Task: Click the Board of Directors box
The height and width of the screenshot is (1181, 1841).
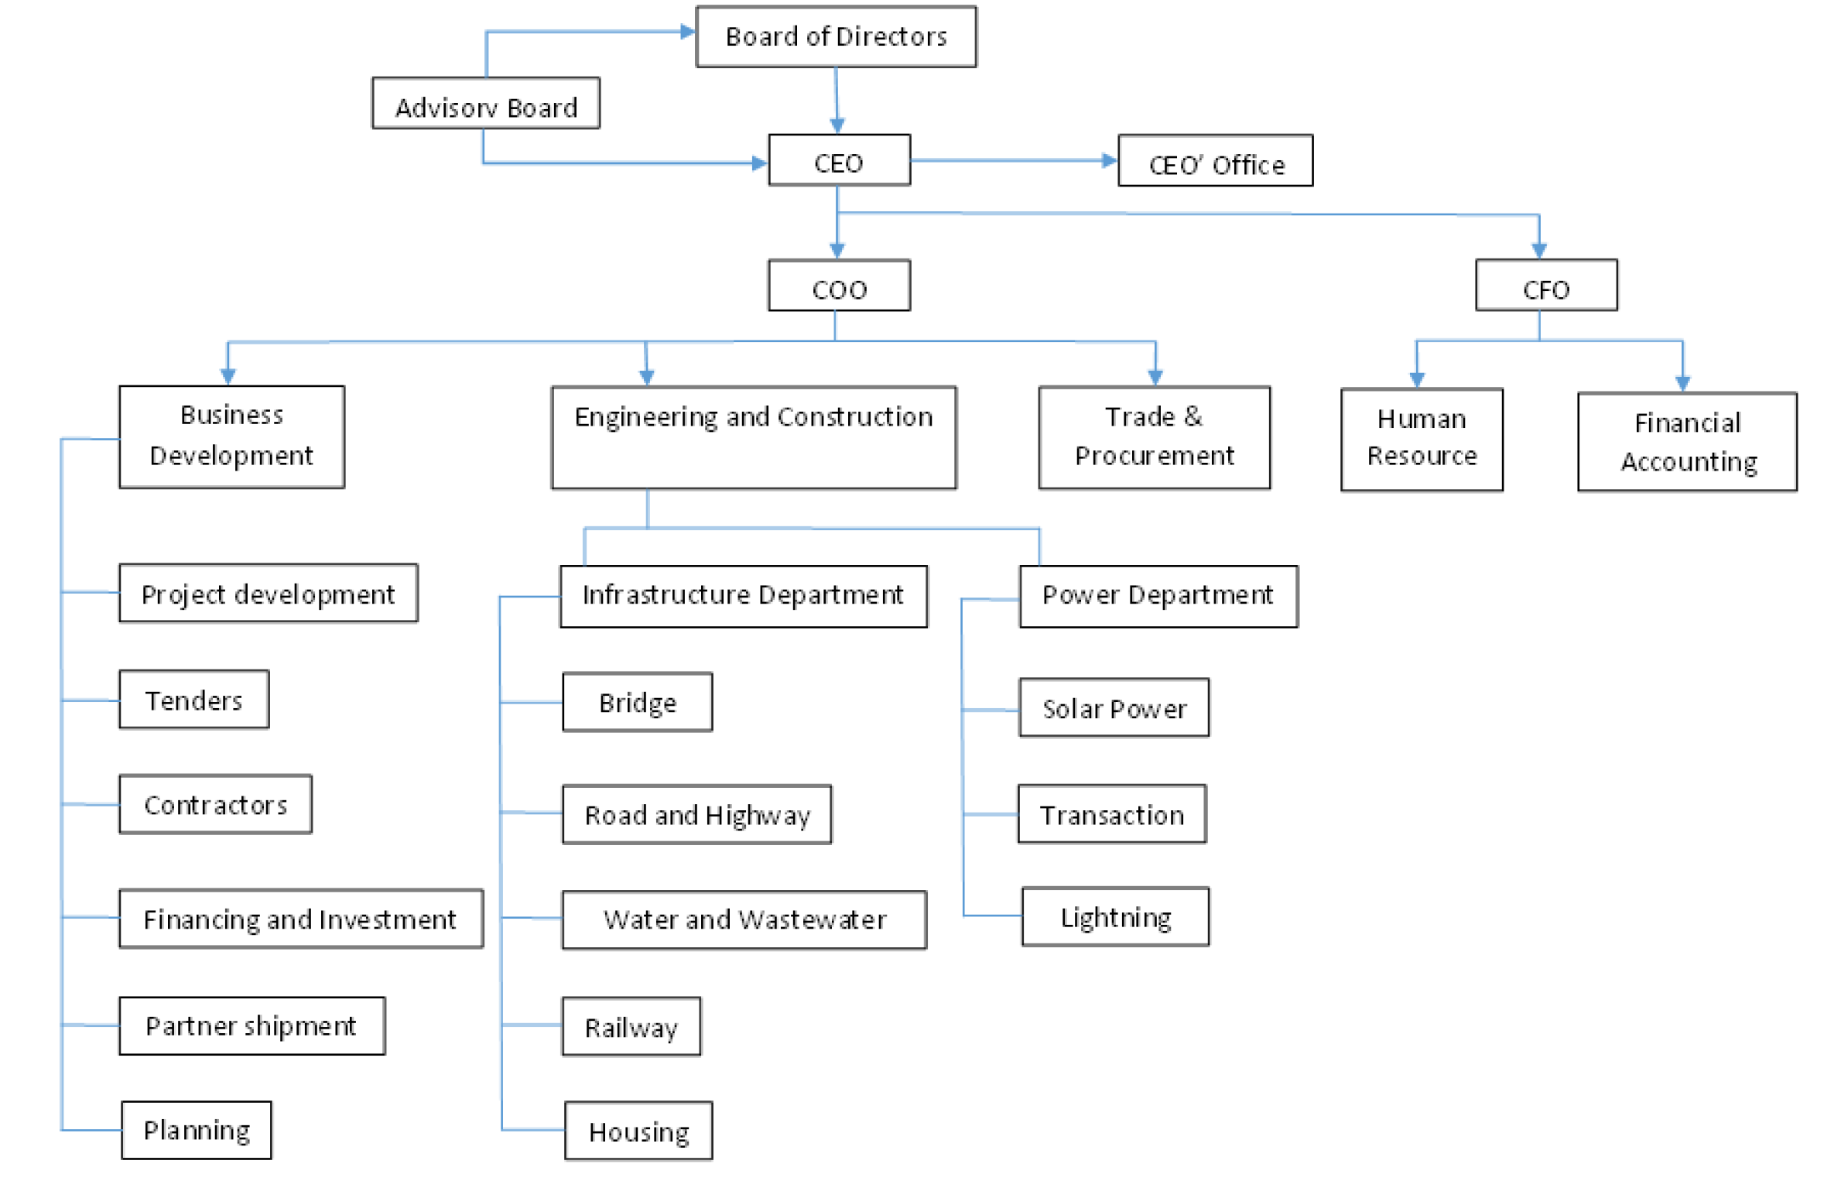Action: (x=836, y=36)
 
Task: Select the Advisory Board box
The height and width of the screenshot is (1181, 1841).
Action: (x=486, y=103)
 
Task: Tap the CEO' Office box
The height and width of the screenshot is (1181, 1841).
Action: (x=1216, y=161)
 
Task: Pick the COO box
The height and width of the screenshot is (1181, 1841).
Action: (x=839, y=286)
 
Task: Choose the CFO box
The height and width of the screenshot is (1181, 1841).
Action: (x=1546, y=286)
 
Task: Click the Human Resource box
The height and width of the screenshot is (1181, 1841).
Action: (x=1422, y=440)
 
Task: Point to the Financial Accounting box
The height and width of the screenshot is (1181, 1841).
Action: (x=1688, y=442)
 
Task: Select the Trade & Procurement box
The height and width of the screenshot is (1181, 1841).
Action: (x=1154, y=438)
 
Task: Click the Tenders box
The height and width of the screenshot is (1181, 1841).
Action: (x=194, y=700)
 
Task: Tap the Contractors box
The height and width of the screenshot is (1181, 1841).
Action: (x=216, y=804)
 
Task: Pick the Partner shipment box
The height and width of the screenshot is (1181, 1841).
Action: (x=252, y=1025)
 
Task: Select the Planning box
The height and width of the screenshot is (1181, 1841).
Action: (x=197, y=1130)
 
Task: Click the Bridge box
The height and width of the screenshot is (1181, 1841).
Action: (x=638, y=702)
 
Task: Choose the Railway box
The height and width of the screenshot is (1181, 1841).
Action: (x=631, y=1026)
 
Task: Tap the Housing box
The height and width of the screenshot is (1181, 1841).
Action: (x=638, y=1131)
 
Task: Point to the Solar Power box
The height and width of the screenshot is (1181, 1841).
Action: (x=1114, y=708)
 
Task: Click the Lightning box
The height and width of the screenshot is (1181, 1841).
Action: (x=1115, y=917)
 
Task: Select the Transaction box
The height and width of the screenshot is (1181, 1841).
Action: (x=1112, y=814)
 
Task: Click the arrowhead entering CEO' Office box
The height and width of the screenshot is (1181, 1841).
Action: (x=1110, y=161)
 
